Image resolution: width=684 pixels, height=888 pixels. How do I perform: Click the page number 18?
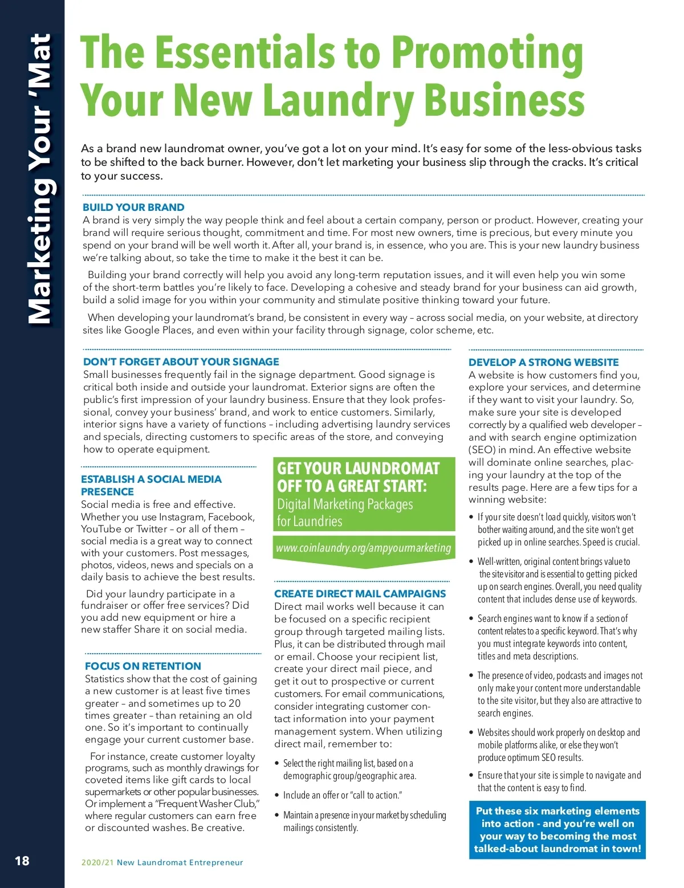click(22, 861)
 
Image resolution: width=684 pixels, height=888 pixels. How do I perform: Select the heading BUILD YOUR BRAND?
click(133, 207)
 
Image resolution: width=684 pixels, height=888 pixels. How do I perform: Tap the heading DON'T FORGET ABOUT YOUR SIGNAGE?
click(181, 362)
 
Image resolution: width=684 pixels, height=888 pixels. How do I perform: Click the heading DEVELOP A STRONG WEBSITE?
click(543, 362)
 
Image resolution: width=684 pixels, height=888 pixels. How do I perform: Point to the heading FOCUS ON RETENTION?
click(143, 666)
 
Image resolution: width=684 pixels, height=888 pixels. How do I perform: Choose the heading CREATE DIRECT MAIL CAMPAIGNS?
click(360, 594)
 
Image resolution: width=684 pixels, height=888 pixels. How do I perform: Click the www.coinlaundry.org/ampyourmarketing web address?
click(363, 548)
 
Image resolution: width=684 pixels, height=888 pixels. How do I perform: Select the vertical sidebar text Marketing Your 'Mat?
click(40, 180)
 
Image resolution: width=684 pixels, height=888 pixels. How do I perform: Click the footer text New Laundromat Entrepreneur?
click(180, 862)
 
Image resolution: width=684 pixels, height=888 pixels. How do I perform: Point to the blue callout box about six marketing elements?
click(557, 829)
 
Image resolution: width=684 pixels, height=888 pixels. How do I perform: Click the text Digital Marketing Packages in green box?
click(345, 504)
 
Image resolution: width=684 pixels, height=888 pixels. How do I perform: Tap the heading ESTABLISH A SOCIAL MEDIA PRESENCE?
click(151, 486)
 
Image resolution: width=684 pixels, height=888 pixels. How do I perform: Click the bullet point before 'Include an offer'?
click(277, 795)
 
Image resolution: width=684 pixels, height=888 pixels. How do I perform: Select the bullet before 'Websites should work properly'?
click(471, 732)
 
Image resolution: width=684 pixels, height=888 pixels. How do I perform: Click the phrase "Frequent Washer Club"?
click(209, 804)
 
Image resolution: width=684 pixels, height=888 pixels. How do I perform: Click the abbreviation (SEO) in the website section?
click(482, 450)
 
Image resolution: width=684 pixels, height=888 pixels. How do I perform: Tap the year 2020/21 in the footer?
click(97, 862)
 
